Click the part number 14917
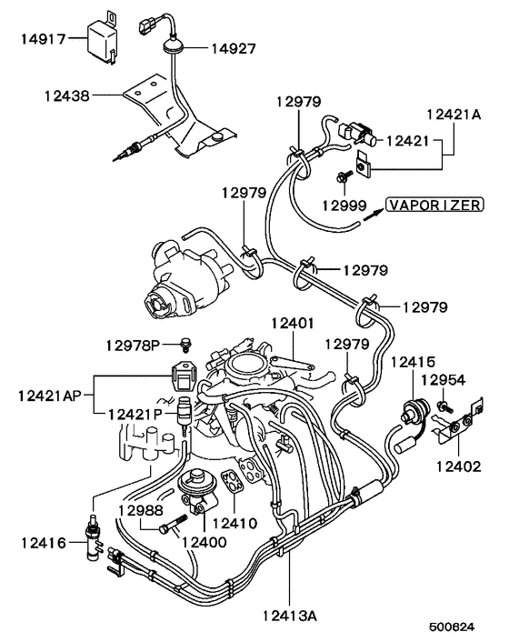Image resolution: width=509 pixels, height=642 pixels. [x=43, y=39]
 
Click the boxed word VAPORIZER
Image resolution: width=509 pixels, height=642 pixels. [x=434, y=205]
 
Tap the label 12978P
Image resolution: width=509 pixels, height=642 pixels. [x=133, y=345]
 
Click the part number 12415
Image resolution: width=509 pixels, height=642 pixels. [x=414, y=362]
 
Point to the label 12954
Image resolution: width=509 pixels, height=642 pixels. [x=445, y=379]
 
